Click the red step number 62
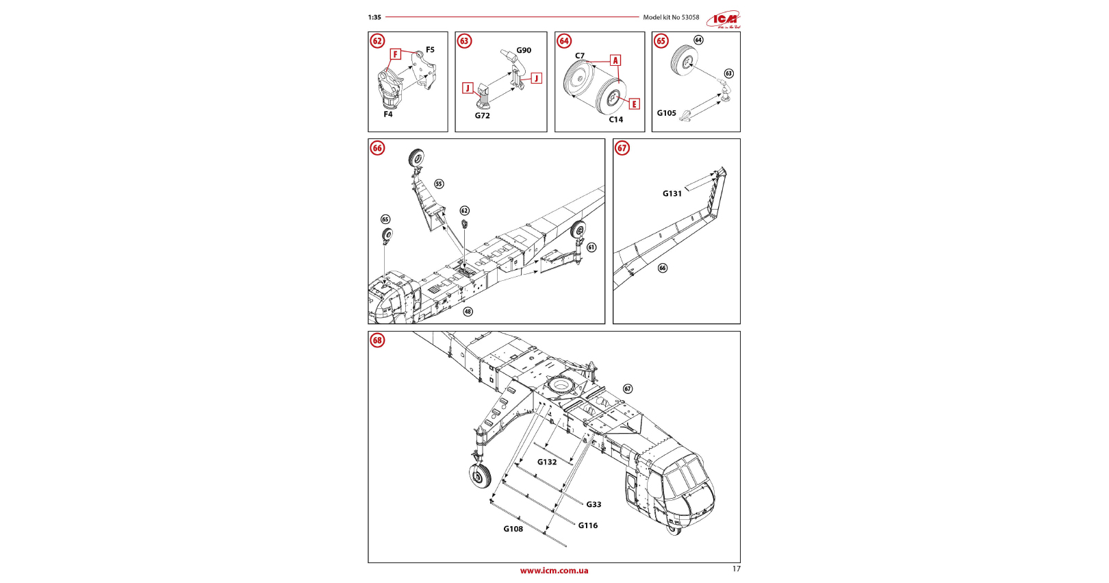pos(377,41)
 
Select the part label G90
pos(524,51)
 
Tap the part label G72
pos(483,116)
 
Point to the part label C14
pos(616,120)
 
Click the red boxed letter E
pos(635,104)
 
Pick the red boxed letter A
pos(615,60)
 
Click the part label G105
pos(667,113)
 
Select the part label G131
pos(672,194)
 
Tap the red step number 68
pos(377,340)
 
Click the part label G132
pos(547,462)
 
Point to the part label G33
pos(594,505)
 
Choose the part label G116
pos(588,526)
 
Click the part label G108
pos(513,529)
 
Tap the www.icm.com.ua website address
pos(554,571)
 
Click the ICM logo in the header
pos(724,19)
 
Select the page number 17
pos(737,569)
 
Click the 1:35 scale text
pos(374,18)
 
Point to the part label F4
pos(388,114)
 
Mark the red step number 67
pos(622,148)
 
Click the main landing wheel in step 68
pos(481,475)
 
